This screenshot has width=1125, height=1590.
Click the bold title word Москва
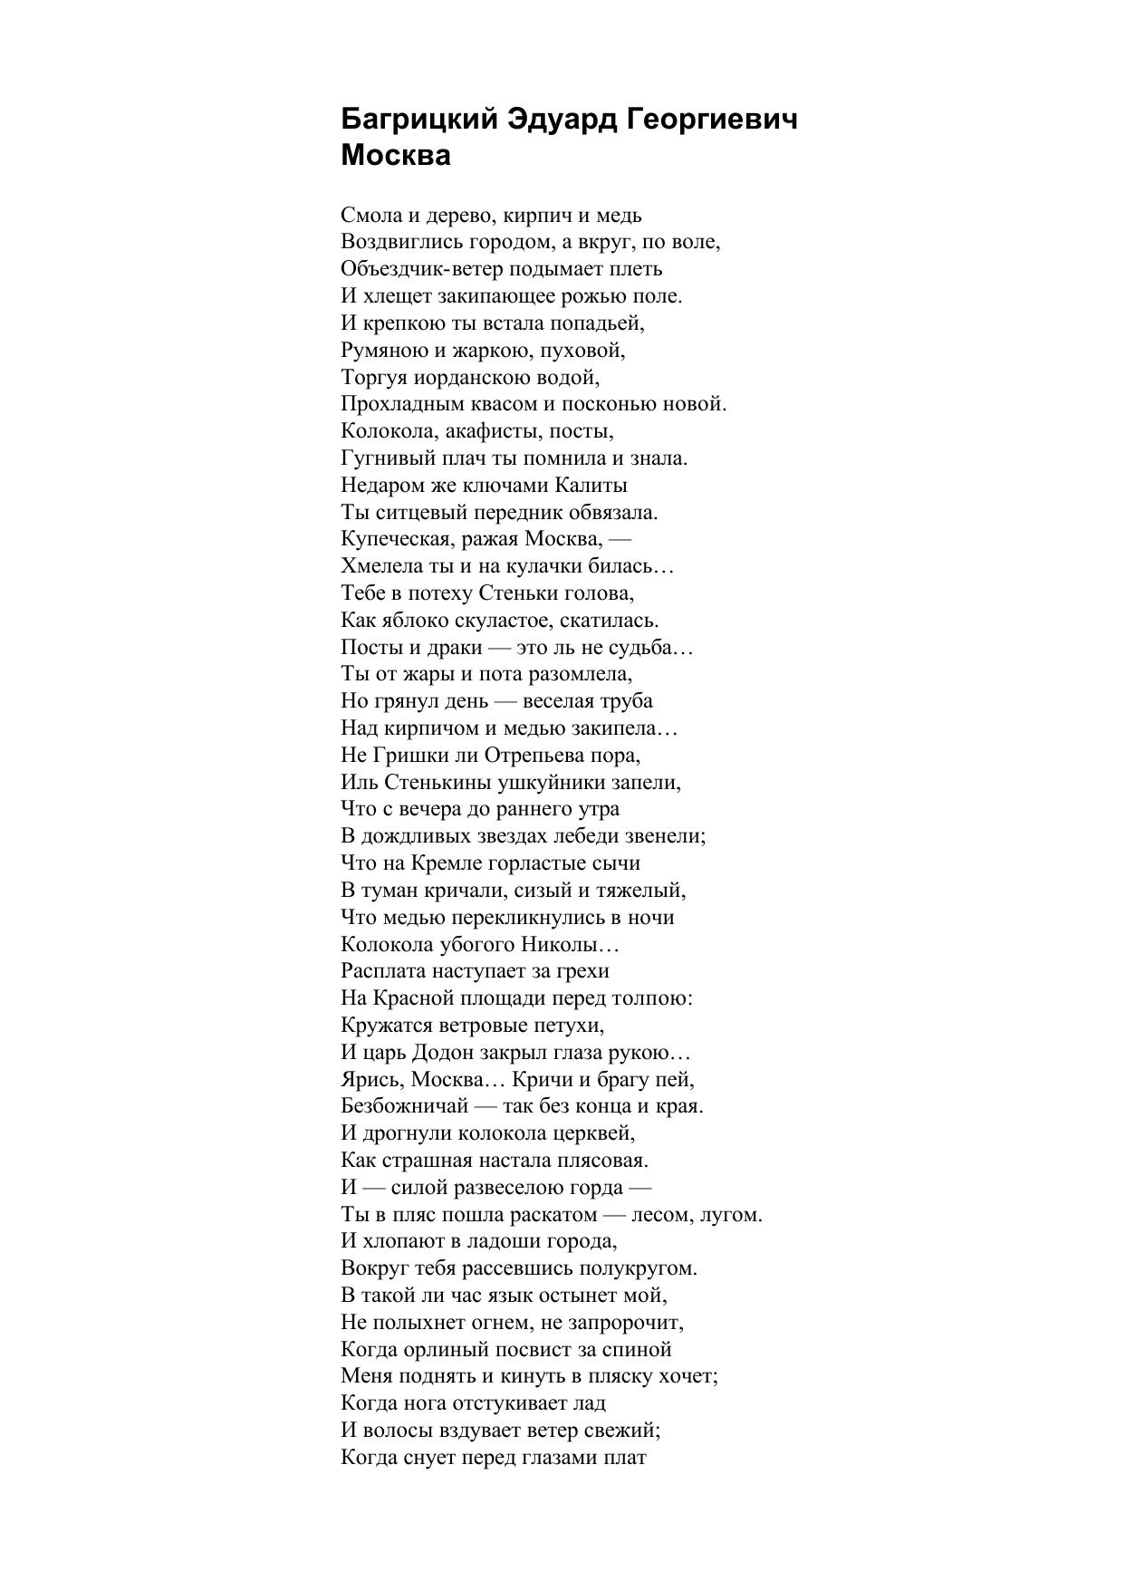396,155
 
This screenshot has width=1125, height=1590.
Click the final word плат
625,1458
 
